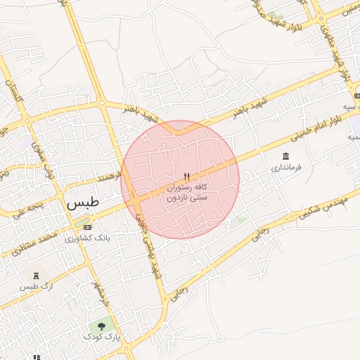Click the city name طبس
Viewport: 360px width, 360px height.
coord(83,203)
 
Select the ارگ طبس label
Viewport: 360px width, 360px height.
coord(30,286)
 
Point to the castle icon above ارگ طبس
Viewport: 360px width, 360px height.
coord(34,274)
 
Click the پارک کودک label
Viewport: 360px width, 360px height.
coord(103,337)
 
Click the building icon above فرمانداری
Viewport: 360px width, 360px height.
coord(285,156)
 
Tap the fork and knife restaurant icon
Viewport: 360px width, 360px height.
coord(186,176)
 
